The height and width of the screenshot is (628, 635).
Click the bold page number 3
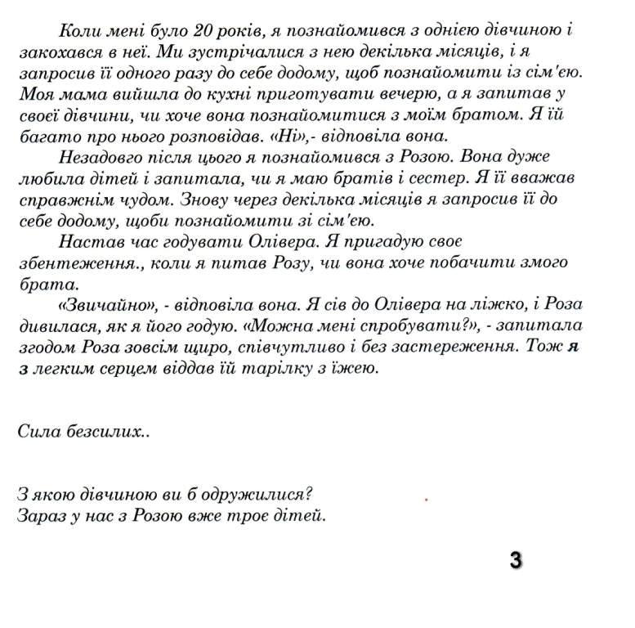coord(515,560)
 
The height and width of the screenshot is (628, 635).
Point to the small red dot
coord(427,497)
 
